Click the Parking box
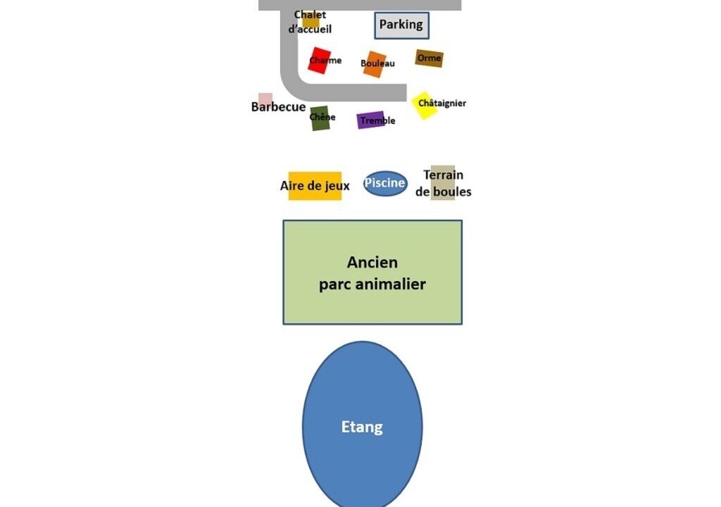click(x=401, y=25)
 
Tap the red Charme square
click(x=320, y=60)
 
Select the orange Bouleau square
click(x=375, y=63)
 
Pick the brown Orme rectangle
click(x=429, y=58)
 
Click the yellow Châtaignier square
click(x=424, y=105)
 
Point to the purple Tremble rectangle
click(x=370, y=120)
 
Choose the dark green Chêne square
click(x=320, y=118)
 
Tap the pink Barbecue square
click(x=265, y=99)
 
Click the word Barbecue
click(x=278, y=108)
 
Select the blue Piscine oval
click(x=385, y=184)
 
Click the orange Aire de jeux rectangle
click(x=315, y=186)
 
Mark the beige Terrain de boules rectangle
click(x=443, y=183)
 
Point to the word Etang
click(x=362, y=427)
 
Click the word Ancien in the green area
click(x=372, y=263)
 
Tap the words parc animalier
click(x=372, y=284)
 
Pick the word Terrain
click(x=443, y=175)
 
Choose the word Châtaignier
click(x=442, y=104)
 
